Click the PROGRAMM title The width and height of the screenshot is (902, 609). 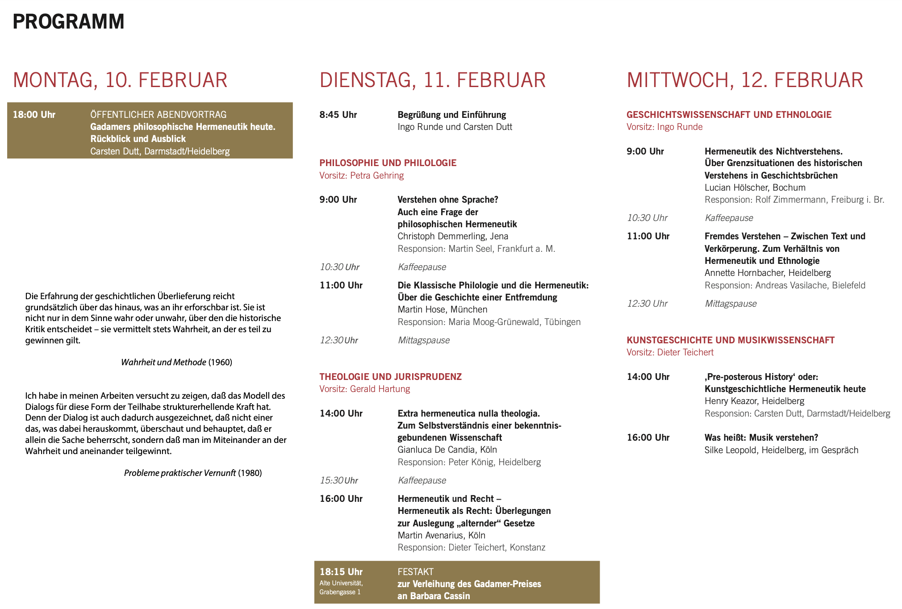(68, 21)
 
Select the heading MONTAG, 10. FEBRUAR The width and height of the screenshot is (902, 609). (120, 80)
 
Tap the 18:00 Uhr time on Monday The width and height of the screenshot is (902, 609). (34, 115)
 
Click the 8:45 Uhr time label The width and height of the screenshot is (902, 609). (338, 115)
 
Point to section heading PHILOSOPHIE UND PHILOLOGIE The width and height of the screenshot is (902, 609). (388, 163)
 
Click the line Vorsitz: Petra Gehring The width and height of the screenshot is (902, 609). (361, 175)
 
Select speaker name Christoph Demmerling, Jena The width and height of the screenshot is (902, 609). (453, 236)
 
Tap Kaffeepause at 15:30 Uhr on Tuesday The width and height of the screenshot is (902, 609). (422, 480)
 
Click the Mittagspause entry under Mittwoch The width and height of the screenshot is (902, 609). (731, 304)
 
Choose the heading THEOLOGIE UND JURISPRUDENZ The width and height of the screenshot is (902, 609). (390, 377)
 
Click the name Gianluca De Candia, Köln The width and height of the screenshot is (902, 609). (447, 450)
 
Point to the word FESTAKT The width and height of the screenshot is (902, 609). (415, 572)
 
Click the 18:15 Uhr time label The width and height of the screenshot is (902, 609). (341, 572)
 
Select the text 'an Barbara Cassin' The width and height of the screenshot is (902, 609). (434, 596)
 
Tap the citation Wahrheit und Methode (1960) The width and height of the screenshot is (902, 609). (176, 362)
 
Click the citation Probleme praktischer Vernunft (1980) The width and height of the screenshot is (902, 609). (193, 473)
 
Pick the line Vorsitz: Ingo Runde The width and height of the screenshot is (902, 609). (664, 127)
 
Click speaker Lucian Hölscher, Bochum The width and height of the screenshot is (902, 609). (755, 188)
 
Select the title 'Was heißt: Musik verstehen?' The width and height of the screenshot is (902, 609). (761, 438)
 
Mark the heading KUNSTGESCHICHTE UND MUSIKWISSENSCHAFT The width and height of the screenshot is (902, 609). (730, 340)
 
